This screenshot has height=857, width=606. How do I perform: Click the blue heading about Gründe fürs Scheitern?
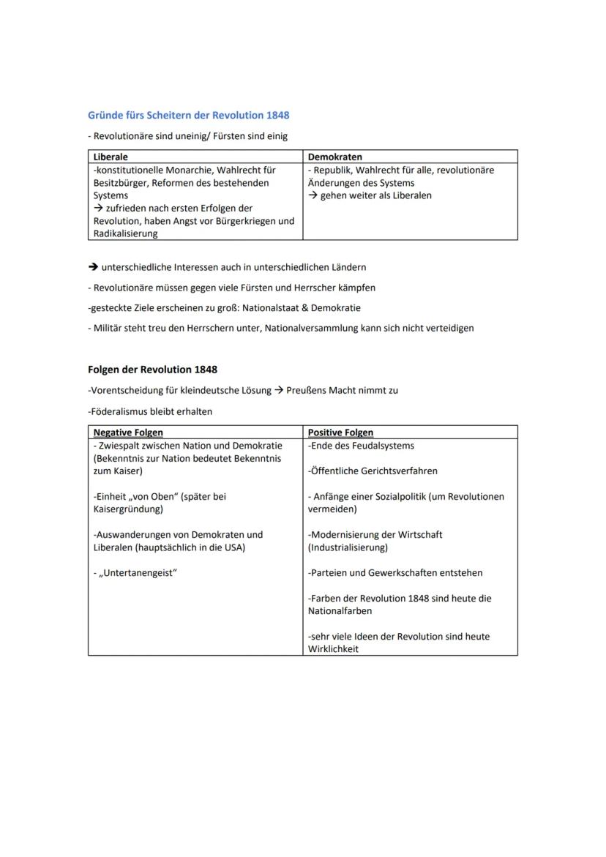click(188, 116)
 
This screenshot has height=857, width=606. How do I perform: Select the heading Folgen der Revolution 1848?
click(152, 370)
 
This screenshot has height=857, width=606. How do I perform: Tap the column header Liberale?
click(111, 157)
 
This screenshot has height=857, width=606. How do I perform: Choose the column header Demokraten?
click(334, 157)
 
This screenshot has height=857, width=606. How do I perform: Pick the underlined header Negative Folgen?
click(128, 433)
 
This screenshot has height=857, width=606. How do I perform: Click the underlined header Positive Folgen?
click(340, 433)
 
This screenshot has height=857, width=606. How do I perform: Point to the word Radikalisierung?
click(125, 234)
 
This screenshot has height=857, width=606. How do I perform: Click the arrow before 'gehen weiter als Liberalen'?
click(313, 195)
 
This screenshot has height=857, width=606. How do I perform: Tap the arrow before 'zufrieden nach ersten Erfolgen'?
click(98, 209)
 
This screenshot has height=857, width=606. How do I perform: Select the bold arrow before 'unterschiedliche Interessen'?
click(93, 267)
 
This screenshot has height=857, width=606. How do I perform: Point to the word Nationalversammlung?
click(309, 328)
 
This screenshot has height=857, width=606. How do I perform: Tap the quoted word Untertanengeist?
click(138, 573)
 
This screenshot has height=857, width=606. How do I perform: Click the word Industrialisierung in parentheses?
click(348, 547)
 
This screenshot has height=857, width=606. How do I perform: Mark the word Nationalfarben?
click(340, 611)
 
